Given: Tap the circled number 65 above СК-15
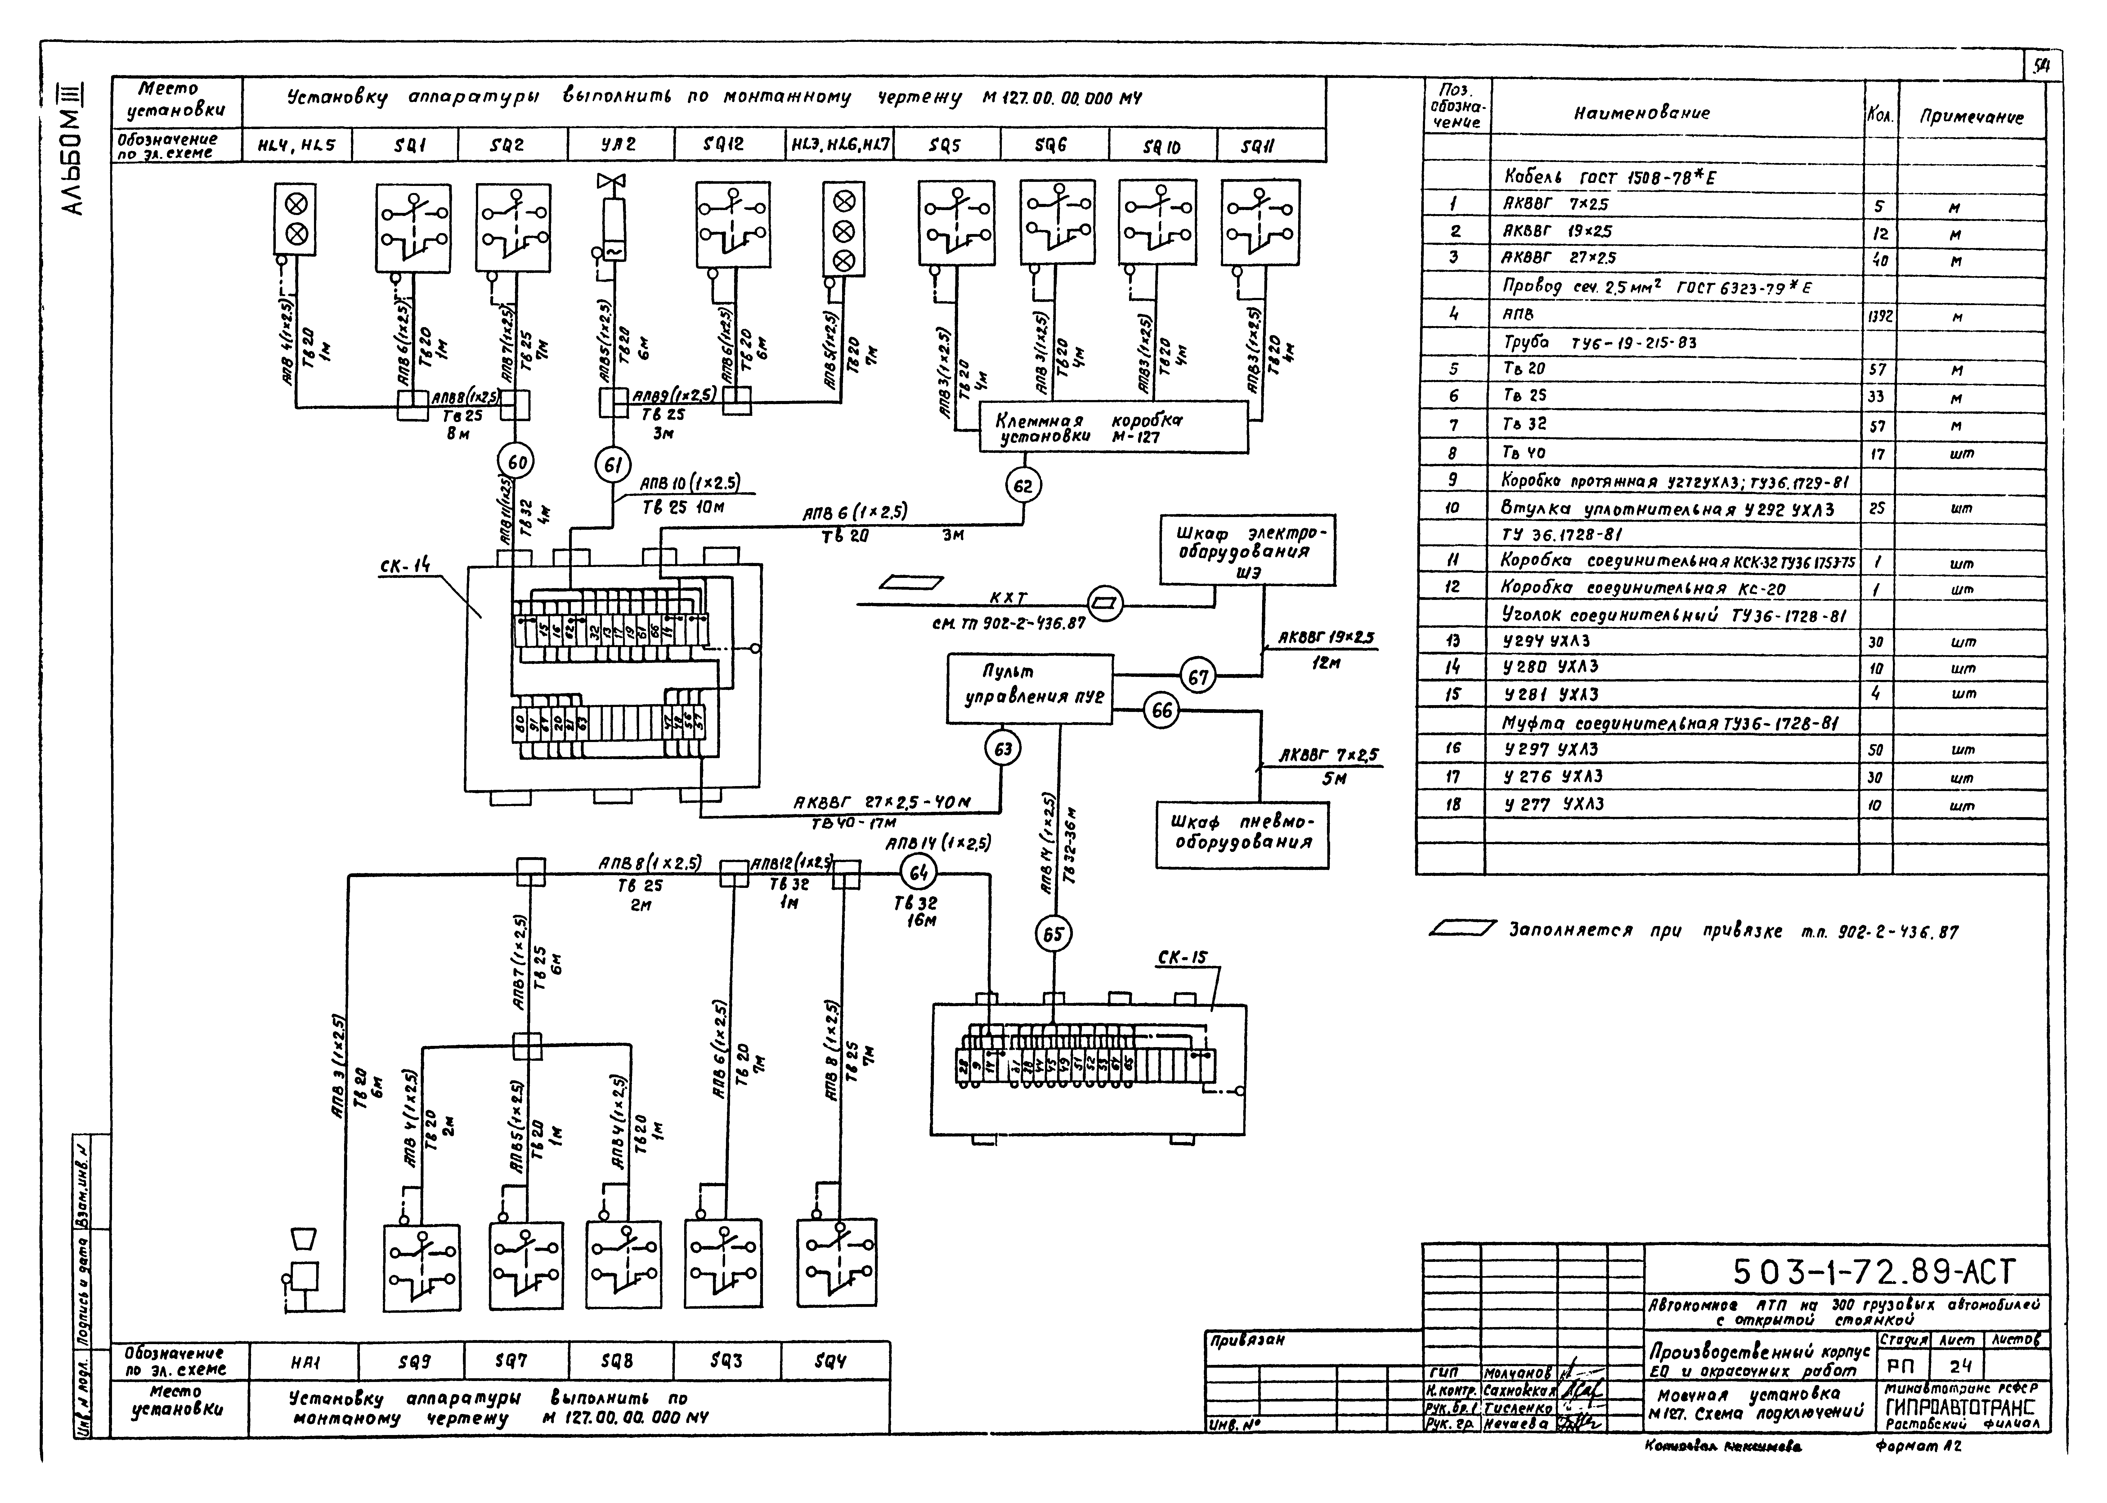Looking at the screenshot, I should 1053,935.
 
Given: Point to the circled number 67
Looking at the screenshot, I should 1198,677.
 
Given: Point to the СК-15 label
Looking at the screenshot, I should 1182,958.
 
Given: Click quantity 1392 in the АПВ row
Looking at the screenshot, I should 1879,316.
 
